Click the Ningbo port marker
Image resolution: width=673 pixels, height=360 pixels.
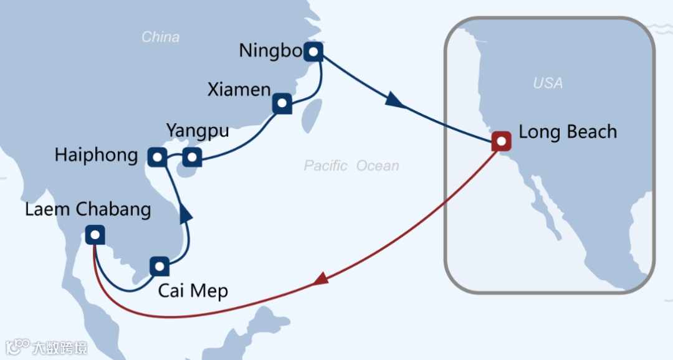(x=313, y=52)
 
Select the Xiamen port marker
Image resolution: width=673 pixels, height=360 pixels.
(x=282, y=104)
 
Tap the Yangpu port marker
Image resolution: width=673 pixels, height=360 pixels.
(x=192, y=158)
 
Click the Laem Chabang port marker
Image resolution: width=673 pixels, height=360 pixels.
(x=94, y=235)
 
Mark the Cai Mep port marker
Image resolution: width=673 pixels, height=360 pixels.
(x=160, y=267)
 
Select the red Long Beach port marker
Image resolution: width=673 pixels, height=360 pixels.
(x=501, y=141)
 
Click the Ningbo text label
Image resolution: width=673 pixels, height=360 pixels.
(x=270, y=51)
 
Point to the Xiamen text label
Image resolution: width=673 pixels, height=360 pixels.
(x=239, y=90)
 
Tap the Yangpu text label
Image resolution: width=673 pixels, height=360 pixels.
(x=198, y=132)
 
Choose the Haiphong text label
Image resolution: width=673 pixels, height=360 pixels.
(x=96, y=155)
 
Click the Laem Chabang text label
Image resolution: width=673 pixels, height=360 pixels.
(x=88, y=209)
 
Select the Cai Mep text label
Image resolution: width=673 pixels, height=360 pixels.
(x=193, y=291)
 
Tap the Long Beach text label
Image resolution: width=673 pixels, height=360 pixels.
(x=567, y=132)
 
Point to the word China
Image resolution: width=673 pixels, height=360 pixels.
(x=160, y=37)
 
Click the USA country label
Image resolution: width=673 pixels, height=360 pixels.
(x=548, y=83)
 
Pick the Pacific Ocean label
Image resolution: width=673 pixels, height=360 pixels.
(x=351, y=166)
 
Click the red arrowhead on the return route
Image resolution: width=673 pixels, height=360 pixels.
(x=320, y=280)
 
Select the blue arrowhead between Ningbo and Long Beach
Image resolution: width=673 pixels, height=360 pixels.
(x=393, y=99)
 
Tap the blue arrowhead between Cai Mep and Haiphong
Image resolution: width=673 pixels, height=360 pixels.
(x=185, y=212)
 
